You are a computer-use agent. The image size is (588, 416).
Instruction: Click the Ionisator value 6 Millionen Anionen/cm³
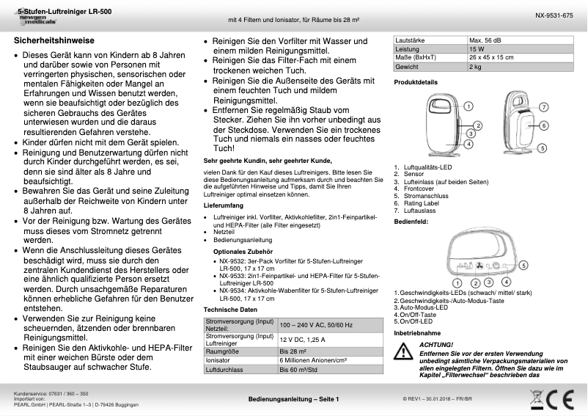coord(312,361)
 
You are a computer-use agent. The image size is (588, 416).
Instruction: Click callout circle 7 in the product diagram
coord(543,107)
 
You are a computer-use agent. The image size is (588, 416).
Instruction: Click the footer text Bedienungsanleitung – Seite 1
coord(293,398)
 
